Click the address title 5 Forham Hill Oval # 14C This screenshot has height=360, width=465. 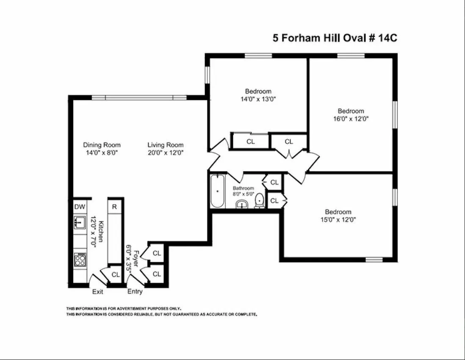(335, 38)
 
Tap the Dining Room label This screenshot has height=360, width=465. (102, 145)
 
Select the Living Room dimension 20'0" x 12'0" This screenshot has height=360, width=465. (165, 152)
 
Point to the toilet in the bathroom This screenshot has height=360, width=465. (259, 202)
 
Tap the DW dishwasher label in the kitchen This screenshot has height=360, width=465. (80, 207)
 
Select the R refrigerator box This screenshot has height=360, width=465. (114, 207)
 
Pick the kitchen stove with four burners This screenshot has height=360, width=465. (80, 259)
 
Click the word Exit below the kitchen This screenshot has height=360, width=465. (98, 292)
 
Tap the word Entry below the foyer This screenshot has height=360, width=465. (135, 292)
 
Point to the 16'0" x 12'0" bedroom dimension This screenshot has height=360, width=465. (351, 119)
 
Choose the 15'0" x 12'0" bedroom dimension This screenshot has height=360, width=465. (338, 220)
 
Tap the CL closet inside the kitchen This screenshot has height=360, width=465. (115, 275)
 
